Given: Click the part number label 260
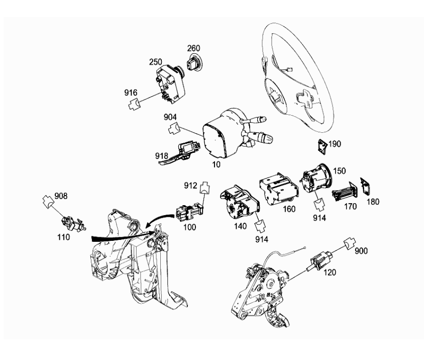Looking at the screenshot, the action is coord(193,48).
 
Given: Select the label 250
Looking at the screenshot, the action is coord(156,62).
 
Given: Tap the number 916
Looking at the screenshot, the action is coord(131,93).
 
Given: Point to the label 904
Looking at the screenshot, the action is coord(170,117).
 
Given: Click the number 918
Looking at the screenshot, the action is coord(162,156).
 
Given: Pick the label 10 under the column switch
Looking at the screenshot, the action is coord(216,164).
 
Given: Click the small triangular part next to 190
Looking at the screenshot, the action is coord(323,147).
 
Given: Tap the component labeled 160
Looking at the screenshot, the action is coord(278,189).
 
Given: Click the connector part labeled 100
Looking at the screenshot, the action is coord(190,212).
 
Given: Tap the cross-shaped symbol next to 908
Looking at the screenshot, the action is coord(48,202).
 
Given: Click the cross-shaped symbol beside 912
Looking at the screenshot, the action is coord(205,188).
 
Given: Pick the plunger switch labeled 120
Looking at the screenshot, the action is coord(319,261).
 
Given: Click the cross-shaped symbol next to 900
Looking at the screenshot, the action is coord(350,243).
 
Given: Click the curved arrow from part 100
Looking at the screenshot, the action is coord(158,219).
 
